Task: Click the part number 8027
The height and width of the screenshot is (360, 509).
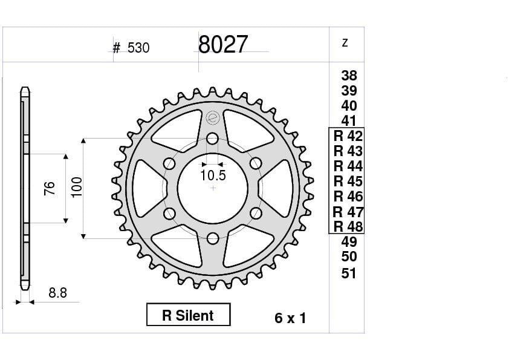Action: (x=222, y=44)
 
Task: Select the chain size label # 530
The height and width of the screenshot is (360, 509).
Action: (x=131, y=48)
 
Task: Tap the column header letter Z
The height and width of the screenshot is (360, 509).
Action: (x=345, y=43)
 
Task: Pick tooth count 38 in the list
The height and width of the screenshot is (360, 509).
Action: (x=349, y=76)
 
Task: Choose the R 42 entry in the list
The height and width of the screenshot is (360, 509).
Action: (x=348, y=136)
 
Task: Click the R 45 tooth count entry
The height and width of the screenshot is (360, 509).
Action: (x=348, y=181)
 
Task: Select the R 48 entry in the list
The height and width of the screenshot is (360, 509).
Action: (x=348, y=226)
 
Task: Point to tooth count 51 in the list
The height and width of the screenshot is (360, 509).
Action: (x=349, y=273)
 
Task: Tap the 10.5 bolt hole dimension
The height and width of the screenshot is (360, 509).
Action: (x=213, y=175)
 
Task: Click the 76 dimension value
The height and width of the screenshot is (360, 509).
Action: (x=50, y=188)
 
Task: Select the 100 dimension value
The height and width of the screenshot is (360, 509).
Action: (x=77, y=188)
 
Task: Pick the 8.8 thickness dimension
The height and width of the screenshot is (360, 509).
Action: (x=57, y=293)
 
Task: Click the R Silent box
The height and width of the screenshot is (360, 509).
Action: (x=188, y=315)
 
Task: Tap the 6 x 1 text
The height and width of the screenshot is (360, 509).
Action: (x=290, y=318)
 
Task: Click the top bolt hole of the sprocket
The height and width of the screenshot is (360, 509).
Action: (x=212, y=139)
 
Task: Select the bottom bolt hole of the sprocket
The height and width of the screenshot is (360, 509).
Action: (x=212, y=238)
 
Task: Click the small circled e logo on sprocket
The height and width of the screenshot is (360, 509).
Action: (x=212, y=117)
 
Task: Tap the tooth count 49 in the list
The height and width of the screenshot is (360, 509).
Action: (x=349, y=242)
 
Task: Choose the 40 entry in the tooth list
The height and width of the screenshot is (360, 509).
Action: (x=349, y=106)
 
